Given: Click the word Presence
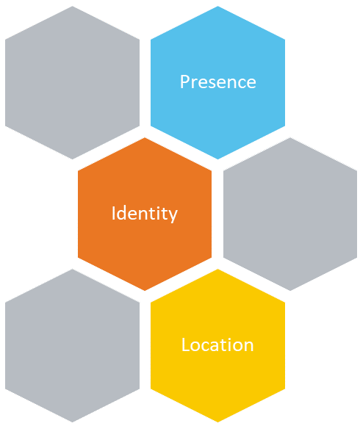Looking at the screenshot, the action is [218, 82].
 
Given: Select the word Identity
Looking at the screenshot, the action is [145, 214].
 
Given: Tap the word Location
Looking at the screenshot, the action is [217, 344].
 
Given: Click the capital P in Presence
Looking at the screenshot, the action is [184, 82].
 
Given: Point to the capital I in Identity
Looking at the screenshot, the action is [114, 213].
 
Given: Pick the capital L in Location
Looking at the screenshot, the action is [185, 344].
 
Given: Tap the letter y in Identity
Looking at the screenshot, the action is [173, 217].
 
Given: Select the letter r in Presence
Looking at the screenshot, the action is [195, 83].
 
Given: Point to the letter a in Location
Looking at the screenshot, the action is [215, 347].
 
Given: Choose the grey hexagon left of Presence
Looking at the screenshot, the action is [72, 82].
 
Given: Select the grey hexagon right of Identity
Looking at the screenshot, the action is [290, 214].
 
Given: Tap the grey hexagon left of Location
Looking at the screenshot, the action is [72, 346].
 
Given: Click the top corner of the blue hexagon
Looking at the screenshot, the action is [218, 7].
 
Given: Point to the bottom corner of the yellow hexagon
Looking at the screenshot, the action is [218, 422].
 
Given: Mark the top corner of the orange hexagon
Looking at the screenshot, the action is [145, 138].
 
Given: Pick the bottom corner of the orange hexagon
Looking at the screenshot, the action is [145, 291].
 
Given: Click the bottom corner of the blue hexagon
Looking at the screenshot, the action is [218, 159].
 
